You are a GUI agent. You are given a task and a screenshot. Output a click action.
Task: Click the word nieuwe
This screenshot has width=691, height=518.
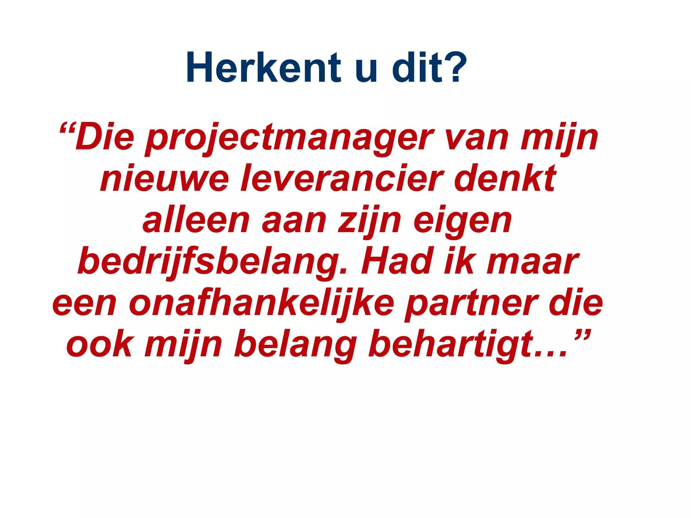tap(165, 179)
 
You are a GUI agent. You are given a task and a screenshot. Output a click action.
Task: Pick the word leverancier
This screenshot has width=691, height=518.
tap(341, 179)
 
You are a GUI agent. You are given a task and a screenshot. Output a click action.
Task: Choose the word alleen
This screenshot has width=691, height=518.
tap(196, 221)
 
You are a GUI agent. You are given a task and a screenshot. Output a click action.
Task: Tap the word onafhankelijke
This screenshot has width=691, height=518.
tap(261, 304)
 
